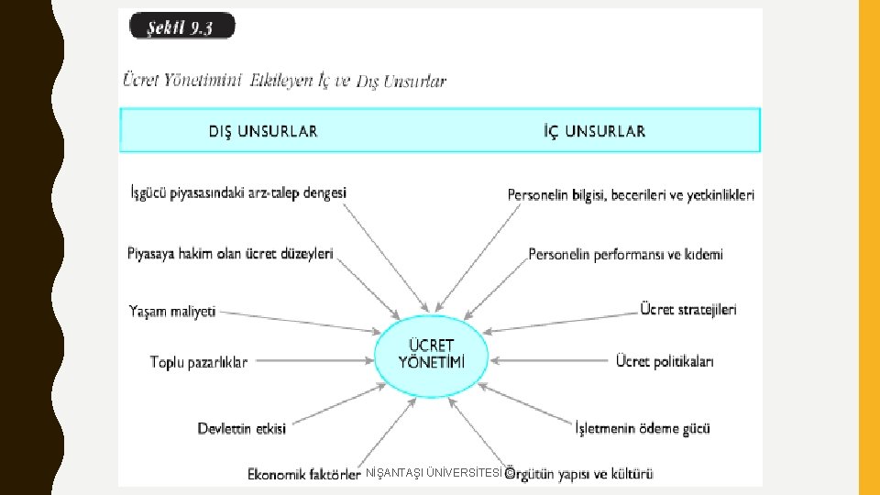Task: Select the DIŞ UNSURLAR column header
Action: point(263,131)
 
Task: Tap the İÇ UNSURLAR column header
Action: point(594,131)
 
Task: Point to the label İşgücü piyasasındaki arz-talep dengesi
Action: point(238,193)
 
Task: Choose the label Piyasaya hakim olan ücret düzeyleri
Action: point(230,253)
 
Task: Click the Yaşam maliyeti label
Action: point(172,311)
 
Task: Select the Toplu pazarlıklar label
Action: point(199,362)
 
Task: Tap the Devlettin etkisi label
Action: point(242,428)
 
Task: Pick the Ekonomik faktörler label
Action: point(303,474)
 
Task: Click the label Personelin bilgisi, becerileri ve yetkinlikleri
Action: point(631,195)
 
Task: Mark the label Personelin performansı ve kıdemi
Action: point(625,254)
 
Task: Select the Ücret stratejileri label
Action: point(687,310)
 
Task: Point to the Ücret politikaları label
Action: point(665,361)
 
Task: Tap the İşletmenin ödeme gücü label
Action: point(642,428)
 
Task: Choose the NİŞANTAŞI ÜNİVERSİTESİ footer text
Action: point(434,473)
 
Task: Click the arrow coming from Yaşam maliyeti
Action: point(298,320)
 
